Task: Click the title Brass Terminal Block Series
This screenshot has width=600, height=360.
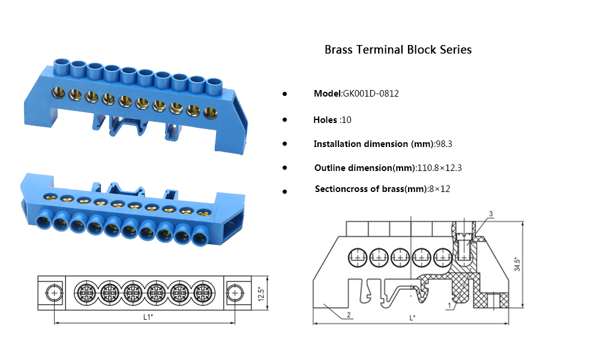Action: tap(398, 50)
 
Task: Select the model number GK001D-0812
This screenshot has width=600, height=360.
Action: tap(370, 94)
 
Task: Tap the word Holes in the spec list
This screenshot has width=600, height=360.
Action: tap(325, 120)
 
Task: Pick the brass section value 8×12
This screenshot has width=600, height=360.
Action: tap(439, 189)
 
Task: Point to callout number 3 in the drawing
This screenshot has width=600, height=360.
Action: tap(491, 214)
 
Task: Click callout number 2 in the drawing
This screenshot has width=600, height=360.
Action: tap(349, 314)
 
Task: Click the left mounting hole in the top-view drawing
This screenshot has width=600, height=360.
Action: tap(54, 293)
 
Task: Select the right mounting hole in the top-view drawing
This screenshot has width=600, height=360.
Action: tap(235, 293)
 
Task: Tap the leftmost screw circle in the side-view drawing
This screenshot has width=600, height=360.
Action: tap(358, 257)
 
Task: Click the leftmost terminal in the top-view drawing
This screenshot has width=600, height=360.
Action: tap(85, 293)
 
